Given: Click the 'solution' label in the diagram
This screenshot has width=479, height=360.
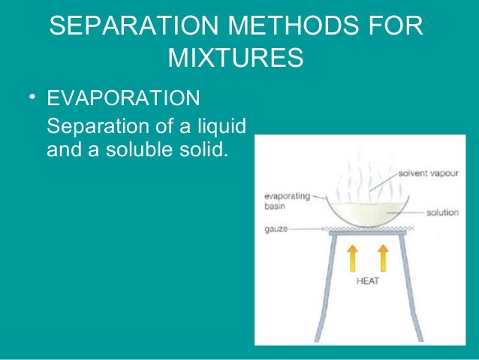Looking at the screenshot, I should pyautogui.click(x=442, y=213).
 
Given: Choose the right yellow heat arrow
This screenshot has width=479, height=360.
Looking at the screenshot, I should pyautogui.click(x=384, y=259).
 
